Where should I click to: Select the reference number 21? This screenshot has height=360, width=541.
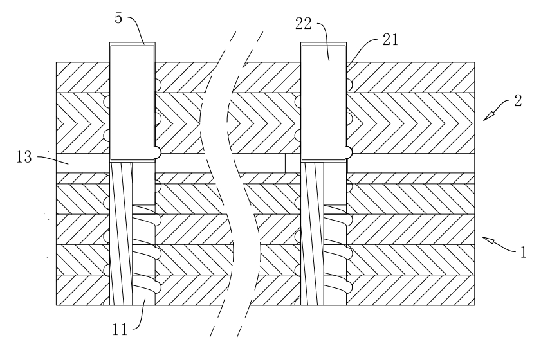pos(390,40)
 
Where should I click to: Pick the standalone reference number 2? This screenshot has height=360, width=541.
pos(518,101)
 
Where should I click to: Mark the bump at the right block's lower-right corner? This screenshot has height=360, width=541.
pos(349,152)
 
